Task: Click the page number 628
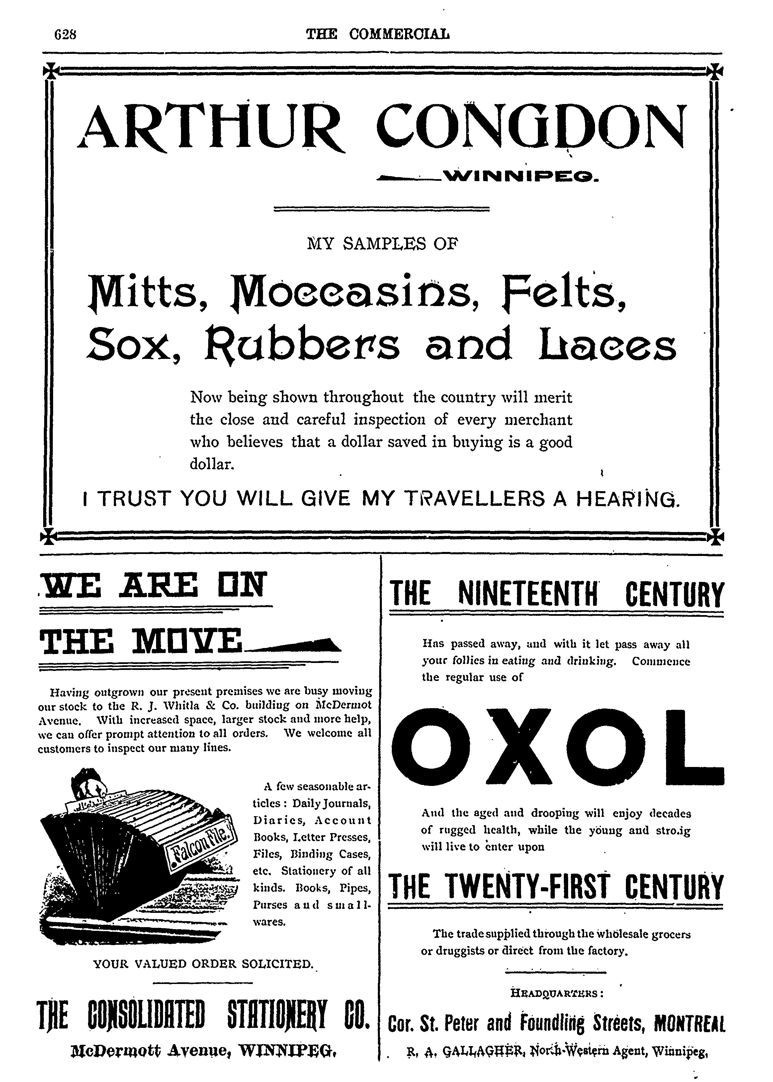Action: point(66,34)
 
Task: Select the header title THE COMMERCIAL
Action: point(378,34)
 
